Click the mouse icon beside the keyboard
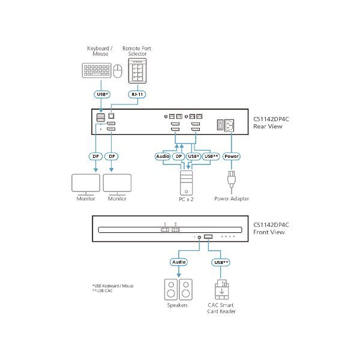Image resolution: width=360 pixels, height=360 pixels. pyautogui.click(x=117, y=72)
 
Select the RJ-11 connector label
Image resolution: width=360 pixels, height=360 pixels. pyautogui.click(x=137, y=94)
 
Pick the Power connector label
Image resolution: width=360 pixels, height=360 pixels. pyautogui.click(x=231, y=157)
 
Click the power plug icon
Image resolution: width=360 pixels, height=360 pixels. pyautogui.click(x=231, y=181)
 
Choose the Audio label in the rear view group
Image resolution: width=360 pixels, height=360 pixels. pyautogui.click(x=163, y=157)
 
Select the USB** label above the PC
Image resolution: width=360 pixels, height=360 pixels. pyautogui.click(x=211, y=157)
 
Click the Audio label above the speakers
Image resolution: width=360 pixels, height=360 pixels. pyautogui.click(x=179, y=262)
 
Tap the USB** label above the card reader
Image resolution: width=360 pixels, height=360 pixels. pyautogui.click(x=221, y=262)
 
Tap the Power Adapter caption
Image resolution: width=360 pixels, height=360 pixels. pyautogui.click(x=231, y=199)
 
